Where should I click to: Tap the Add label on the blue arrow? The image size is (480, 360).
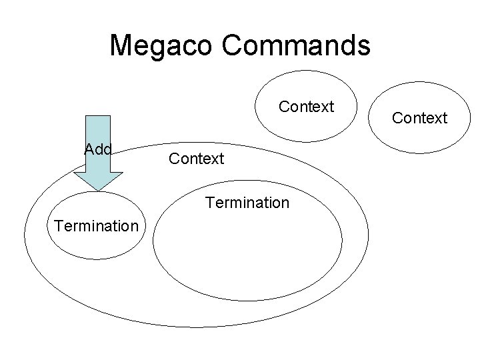pyautogui.click(x=98, y=149)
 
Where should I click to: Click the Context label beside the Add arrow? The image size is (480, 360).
pyautogui.click(x=197, y=159)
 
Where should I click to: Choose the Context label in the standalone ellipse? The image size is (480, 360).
pyautogui.click(x=419, y=118)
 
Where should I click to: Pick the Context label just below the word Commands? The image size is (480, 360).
pyautogui.click(x=306, y=107)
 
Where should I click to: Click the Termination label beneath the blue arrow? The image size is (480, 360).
pyautogui.click(x=97, y=225)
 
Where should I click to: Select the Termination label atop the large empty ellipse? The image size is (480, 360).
pyautogui.click(x=248, y=202)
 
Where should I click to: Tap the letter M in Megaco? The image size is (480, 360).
pyautogui.click(x=121, y=46)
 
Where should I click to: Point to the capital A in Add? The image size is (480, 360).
pyautogui.click(x=89, y=149)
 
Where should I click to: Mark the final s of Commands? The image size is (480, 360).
pyautogui.click(x=363, y=47)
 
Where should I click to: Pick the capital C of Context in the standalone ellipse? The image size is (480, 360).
pyautogui.click(x=397, y=118)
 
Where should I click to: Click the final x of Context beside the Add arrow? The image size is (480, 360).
pyautogui.click(x=215, y=159)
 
